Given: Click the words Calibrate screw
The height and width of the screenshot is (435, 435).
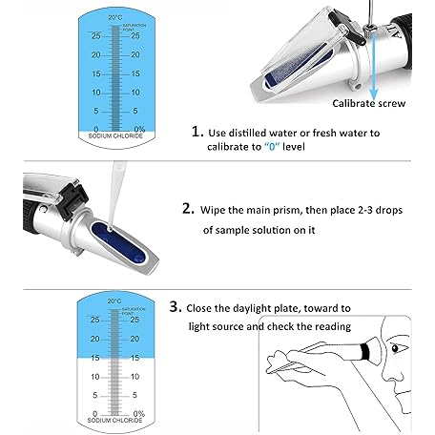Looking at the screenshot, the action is click(x=369, y=103).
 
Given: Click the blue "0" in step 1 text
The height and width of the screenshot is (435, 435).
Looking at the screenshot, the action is click(x=272, y=147).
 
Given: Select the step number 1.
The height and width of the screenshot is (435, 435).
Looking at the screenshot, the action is click(x=197, y=132).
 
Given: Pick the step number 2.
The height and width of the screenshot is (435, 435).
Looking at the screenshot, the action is click(x=188, y=209).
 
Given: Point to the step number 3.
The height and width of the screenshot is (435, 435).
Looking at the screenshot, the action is click(x=176, y=307).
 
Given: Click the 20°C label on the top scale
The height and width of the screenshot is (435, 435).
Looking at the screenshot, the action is click(x=115, y=17).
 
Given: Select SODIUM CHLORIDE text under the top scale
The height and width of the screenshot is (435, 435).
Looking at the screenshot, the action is click(x=115, y=136).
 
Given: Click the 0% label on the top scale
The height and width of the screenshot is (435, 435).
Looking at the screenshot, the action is click(x=139, y=129).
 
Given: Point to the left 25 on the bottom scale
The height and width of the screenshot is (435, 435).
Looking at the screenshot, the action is click(x=94, y=320).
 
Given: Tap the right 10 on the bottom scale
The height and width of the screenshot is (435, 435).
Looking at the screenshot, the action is click(x=135, y=377).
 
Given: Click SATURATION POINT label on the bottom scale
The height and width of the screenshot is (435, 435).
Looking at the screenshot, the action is click(x=134, y=311).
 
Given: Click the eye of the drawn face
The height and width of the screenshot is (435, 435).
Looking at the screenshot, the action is click(x=396, y=348).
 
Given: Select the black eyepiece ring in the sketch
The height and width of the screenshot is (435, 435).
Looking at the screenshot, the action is click(x=365, y=351).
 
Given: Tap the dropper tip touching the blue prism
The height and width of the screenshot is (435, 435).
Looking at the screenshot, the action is click(x=110, y=227).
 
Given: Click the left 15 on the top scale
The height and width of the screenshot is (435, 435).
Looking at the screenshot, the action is click(x=96, y=73).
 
